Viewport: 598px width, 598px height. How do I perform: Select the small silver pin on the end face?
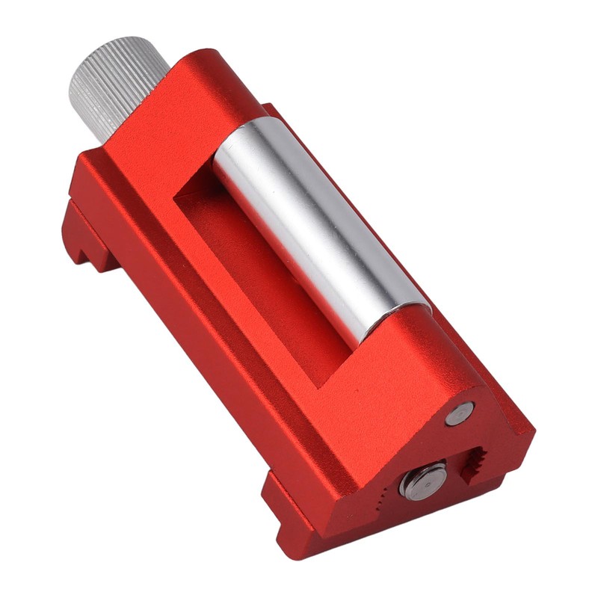click(x=459, y=413)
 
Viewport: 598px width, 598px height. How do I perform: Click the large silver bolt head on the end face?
click(x=423, y=480)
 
